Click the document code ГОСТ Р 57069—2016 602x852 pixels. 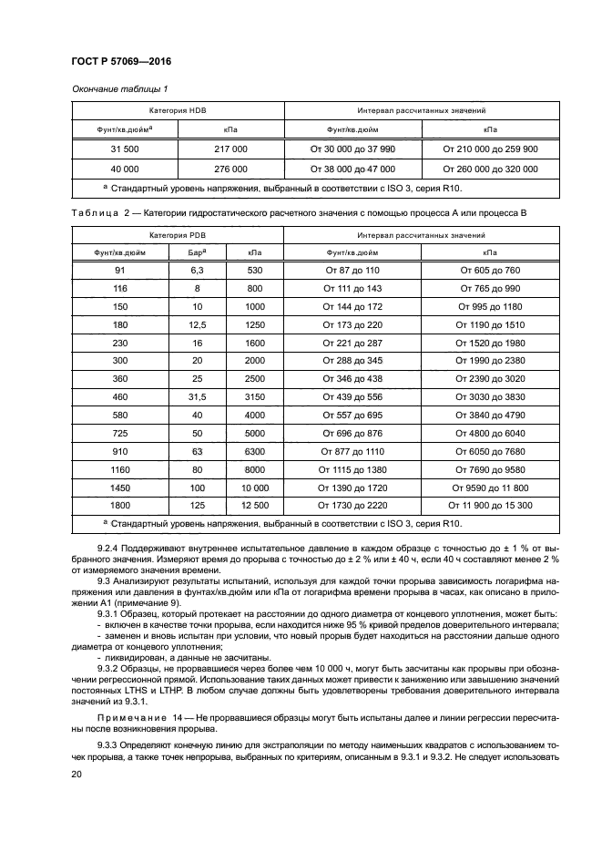click(121, 61)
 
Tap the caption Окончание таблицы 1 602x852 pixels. click(116, 88)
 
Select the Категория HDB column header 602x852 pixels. click(178, 109)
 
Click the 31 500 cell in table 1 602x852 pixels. click(124, 148)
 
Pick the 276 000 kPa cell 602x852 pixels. click(230, 169)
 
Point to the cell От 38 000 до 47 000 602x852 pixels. click(352, 169)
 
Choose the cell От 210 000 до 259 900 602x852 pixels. click(489, 148)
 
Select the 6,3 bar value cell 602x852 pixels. click(196, 271)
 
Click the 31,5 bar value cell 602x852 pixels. click(196, 398)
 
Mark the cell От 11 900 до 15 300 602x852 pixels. click(489, 504)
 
